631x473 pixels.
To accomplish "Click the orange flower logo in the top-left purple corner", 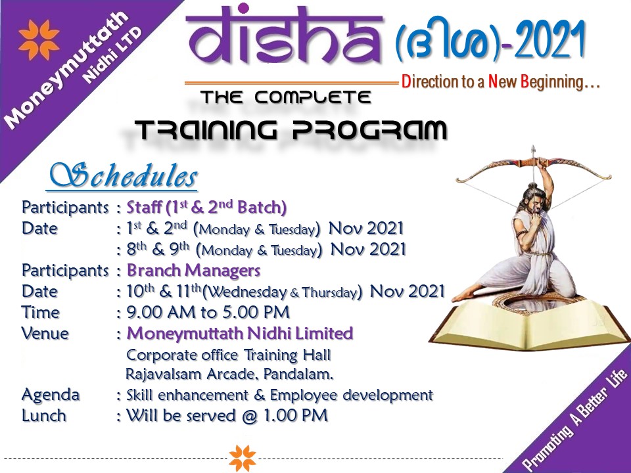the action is click(39, 39).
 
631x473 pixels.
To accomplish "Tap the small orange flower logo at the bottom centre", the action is click(243, 458).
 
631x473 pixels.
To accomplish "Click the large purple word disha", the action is click(285, 35).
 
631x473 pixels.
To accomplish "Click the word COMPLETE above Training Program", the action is click(313, 97).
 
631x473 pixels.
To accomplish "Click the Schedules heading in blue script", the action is click(124, 175).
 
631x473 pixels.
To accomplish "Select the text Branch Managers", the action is click(193, 270).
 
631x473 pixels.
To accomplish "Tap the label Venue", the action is click(45, 334).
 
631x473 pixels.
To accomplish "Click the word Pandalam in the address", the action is click(298, 374).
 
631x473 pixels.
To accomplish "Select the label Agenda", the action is click(51, 395).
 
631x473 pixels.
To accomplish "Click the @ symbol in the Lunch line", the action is click(250, 416).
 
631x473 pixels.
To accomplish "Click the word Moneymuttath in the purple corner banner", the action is click(66, 70).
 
